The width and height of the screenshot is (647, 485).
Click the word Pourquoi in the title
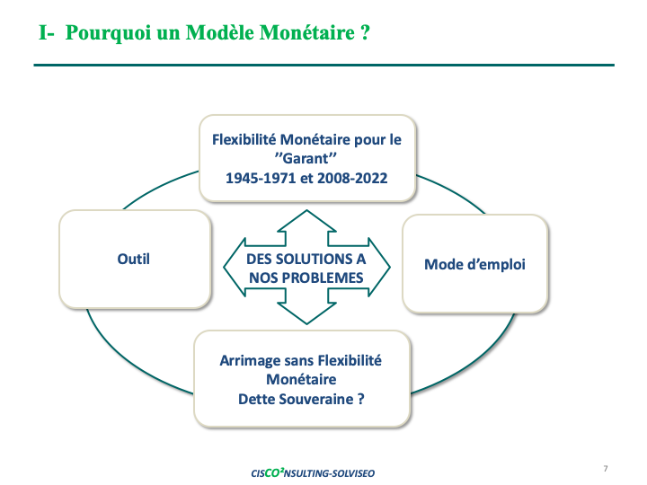[108, 33]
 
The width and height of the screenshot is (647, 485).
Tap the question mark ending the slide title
[365, 32]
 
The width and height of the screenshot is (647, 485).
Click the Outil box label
[133, 259]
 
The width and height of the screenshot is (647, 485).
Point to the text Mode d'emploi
[475, 264]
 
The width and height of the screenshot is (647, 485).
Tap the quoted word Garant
[306, 158]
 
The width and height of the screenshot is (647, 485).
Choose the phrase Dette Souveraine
[296, 399]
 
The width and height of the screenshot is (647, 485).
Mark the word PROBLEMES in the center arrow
[318, 278]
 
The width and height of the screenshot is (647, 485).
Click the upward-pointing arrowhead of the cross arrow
[306, 221]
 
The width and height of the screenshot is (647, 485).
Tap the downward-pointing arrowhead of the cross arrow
[306, 313]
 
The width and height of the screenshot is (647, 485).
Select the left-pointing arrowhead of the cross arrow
[235, 268]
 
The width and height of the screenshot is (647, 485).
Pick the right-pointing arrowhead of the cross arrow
[379, 268]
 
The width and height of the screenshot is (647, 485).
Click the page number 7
[606, 469]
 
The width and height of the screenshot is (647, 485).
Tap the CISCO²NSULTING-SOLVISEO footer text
[313, 472]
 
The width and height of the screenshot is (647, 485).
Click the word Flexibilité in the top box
[244, 140]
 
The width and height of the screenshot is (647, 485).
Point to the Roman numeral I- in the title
[46, 32]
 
